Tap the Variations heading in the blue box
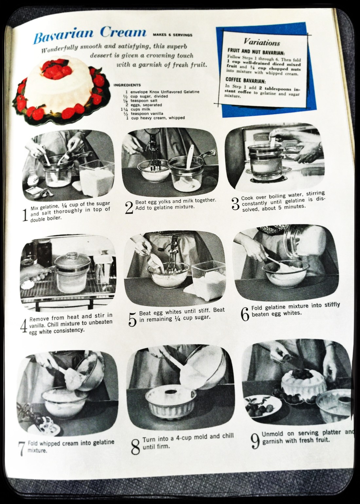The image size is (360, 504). (262, 42)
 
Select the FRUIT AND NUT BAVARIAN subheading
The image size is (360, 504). (256, 52)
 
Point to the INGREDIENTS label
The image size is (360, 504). (127, 85)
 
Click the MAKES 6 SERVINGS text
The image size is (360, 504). (172, 35)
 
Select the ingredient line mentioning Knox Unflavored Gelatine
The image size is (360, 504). (162, 92)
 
